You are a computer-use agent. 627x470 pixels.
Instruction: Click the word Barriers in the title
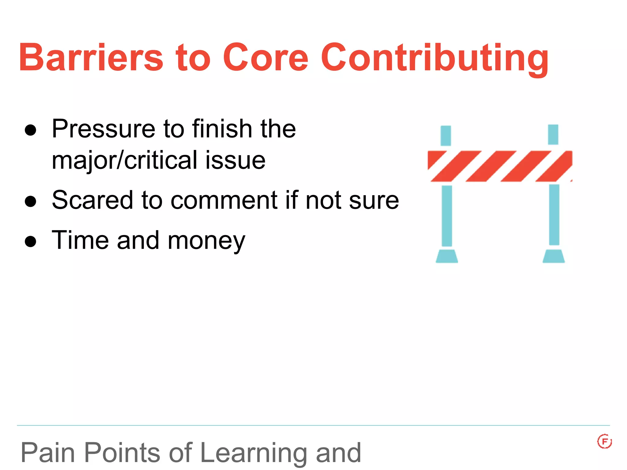pos(91,57)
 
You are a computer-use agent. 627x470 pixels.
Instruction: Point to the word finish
pos(222,129)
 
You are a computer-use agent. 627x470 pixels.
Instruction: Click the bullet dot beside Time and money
pos(31,241)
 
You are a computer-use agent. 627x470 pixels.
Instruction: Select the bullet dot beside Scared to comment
pos(31,201)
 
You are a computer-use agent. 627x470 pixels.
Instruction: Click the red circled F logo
pos(604,442)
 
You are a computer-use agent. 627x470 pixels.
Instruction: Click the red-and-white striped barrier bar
pos(500,166)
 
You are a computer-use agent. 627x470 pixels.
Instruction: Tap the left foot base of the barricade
pos(447,256)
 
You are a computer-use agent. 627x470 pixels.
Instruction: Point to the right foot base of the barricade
pos(554,256)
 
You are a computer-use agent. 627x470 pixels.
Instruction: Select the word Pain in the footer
pos(48,453)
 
